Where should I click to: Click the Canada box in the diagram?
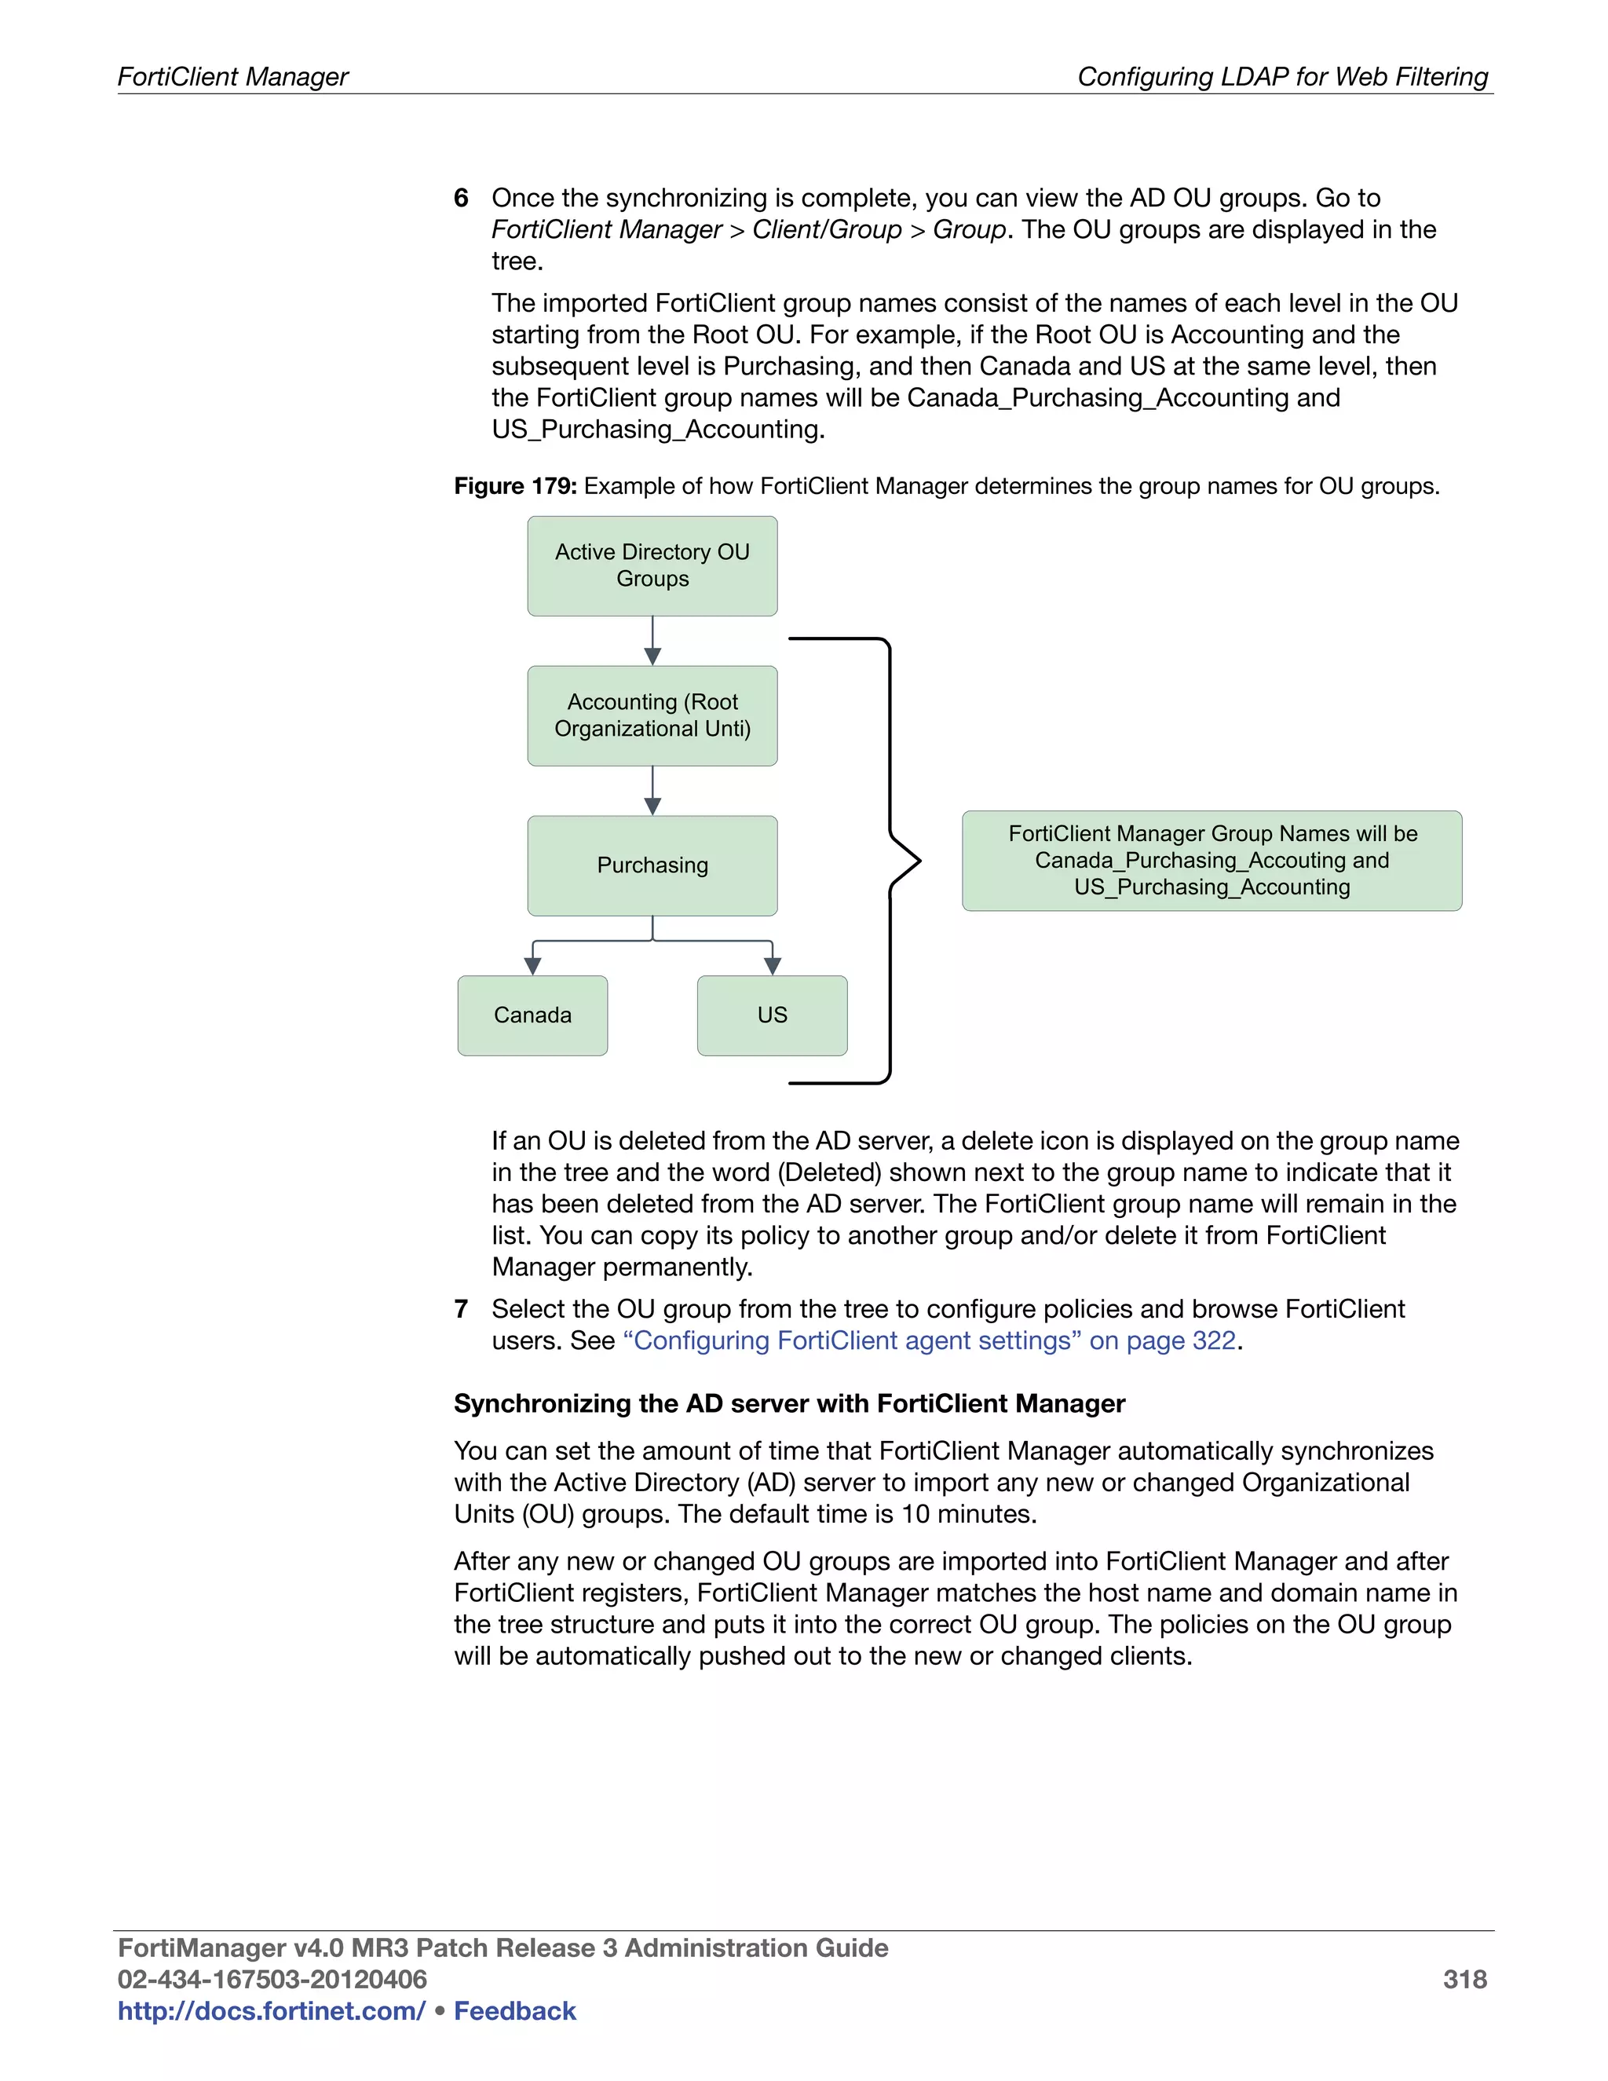coord(532,1015)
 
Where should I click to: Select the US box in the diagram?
coord(772,1015)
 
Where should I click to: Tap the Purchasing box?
coord(652,865)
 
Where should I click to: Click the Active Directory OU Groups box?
coord(652,566)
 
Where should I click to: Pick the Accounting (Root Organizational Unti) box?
coord(652,715)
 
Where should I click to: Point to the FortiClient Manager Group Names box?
coord(1211,861)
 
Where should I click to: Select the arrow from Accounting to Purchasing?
coord(652,791)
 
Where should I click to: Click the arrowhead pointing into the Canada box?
coord(533,965)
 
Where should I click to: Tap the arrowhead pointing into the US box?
coord(773,965)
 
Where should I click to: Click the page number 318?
coord(1464,1979)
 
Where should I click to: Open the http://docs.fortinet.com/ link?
coord(272,2010)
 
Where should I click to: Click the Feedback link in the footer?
coord(514,2010)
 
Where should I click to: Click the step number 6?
coord(461,198)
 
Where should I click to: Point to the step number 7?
coord(461,1308)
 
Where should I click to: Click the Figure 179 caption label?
coord(515,486)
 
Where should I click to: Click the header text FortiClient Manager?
coord(233,76)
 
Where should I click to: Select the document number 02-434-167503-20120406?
coord(272,1979)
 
